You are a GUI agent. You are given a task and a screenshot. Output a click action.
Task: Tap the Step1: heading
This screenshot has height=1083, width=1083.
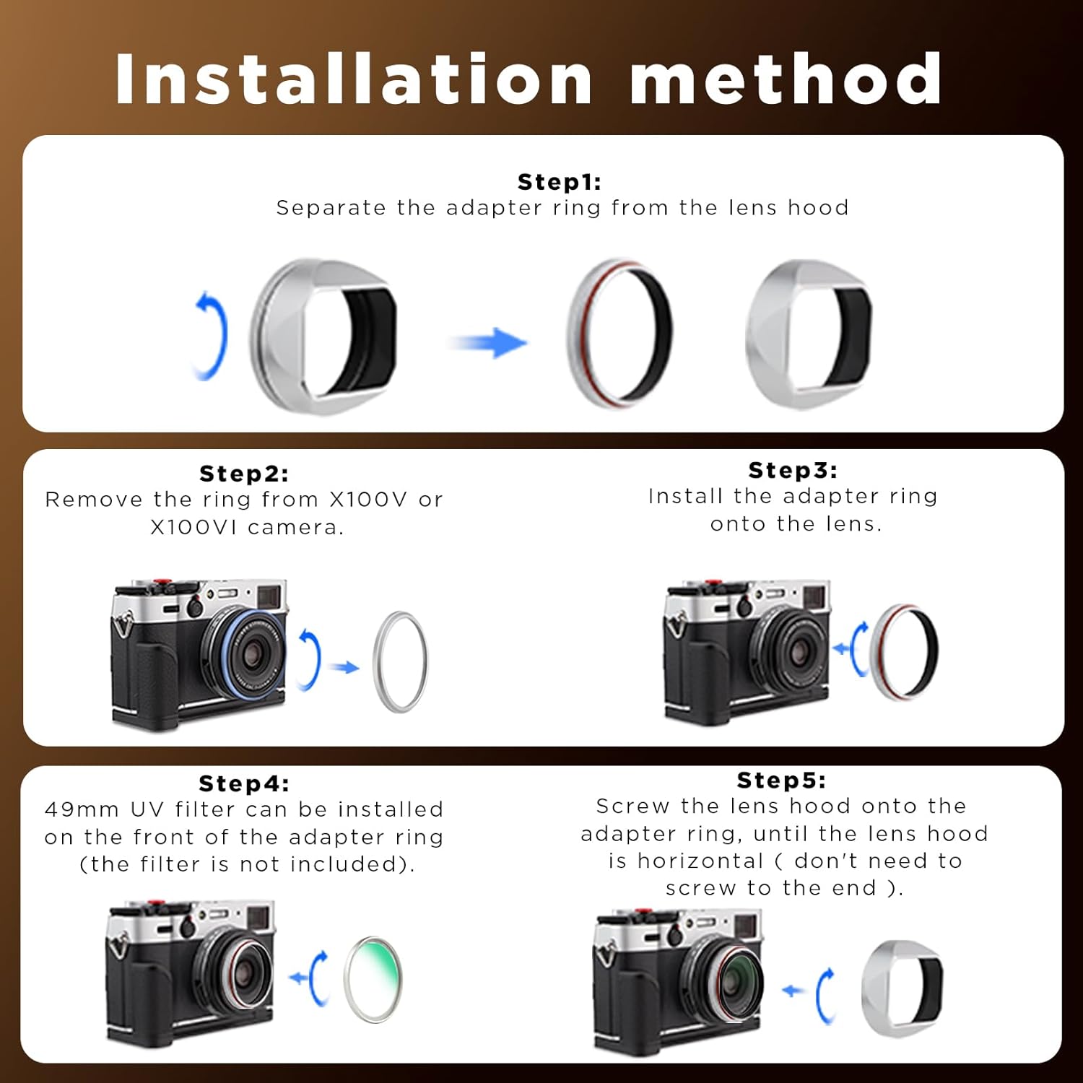coord(559,182)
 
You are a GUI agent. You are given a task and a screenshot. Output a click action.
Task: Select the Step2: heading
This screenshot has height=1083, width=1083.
coord(244,474)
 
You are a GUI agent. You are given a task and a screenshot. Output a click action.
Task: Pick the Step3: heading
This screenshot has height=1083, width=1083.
coord(793,470)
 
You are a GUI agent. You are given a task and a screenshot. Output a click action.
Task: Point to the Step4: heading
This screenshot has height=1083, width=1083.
coord(244,783)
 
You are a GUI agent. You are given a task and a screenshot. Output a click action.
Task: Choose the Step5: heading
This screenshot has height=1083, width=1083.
coord(781,780)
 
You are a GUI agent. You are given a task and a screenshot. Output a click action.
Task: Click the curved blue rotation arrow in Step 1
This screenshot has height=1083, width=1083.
coord(212,335)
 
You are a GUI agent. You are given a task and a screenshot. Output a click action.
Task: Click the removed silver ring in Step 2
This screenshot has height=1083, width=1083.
coord(400,661)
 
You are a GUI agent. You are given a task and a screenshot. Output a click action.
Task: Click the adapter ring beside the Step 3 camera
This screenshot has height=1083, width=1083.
coord(905,651)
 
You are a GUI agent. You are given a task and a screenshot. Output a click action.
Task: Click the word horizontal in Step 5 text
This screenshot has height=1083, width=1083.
coord(700,861)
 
